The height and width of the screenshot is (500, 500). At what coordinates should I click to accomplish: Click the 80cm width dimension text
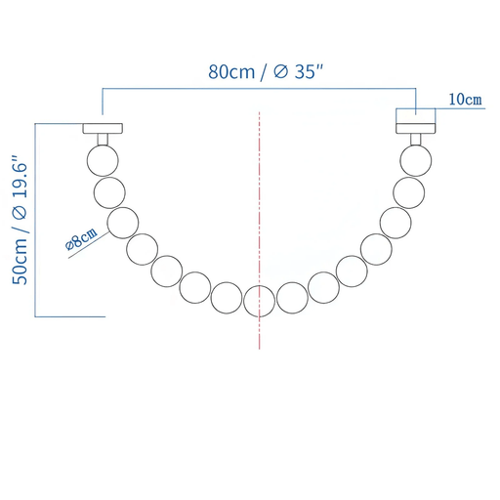point(231,72)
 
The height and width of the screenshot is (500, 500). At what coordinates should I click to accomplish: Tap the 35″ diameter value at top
point(309,71)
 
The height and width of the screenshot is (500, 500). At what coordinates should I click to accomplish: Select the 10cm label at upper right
point(465,100)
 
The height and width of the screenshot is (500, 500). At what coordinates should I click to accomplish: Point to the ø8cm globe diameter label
point(81,238)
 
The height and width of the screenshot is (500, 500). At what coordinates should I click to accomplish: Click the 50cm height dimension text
point(20,262)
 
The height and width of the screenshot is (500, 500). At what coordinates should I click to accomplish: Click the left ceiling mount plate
point(103,128)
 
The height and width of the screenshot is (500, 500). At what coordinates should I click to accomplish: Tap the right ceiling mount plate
point(416,128)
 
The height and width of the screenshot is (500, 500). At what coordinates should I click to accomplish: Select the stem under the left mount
point(103,140)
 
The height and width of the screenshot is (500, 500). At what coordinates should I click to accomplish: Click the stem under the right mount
point(416,140)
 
